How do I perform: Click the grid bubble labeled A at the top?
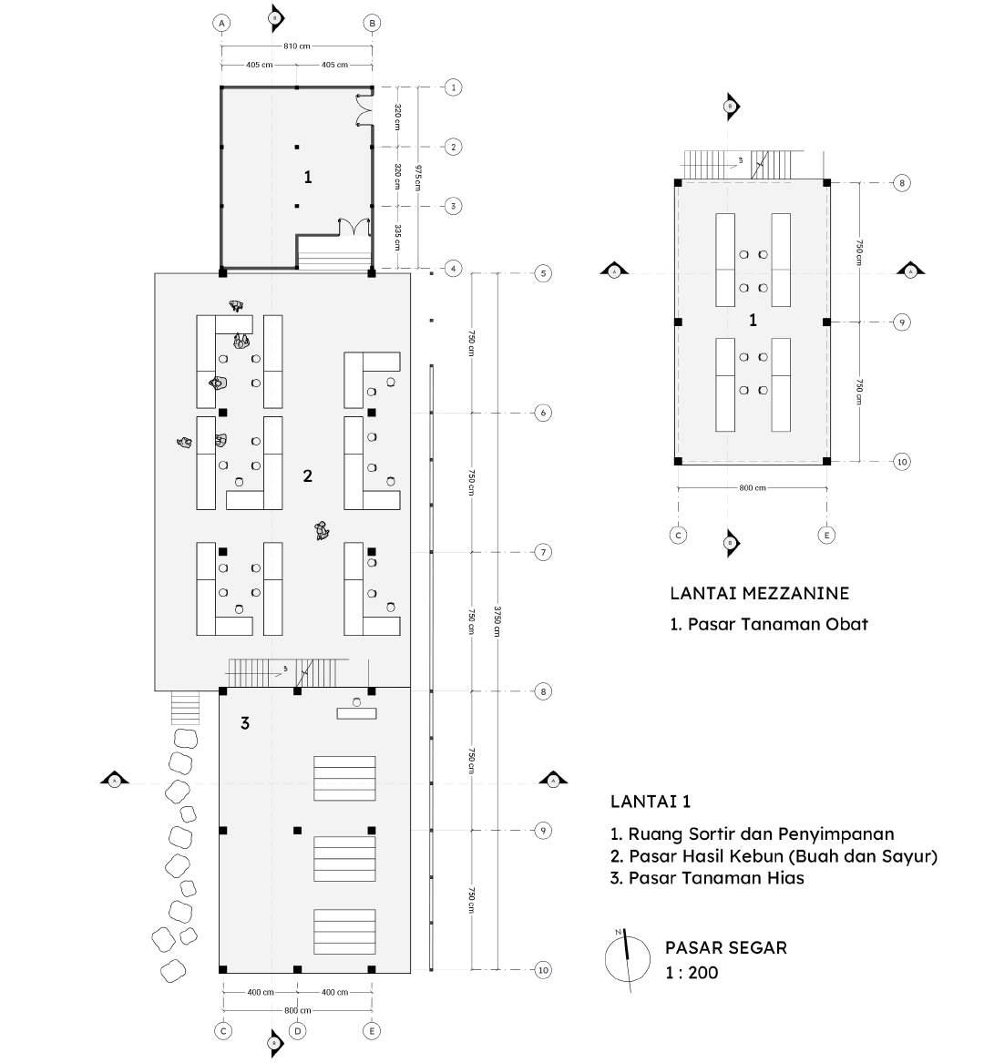220,23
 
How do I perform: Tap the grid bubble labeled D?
297,1031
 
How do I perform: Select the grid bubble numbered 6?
543,413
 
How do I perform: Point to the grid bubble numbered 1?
453,87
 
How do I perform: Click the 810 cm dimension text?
297,46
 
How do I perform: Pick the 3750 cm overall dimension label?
497,621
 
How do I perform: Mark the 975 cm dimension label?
418,177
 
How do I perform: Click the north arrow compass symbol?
626,957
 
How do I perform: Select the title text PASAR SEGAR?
725,947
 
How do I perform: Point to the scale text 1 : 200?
692,973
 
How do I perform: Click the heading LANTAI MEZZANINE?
759,593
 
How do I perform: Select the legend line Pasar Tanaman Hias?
707,878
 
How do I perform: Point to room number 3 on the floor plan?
244,723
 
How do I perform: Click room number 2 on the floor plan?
308,475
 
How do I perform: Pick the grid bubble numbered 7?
543,552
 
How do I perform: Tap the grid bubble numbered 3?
453,206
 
